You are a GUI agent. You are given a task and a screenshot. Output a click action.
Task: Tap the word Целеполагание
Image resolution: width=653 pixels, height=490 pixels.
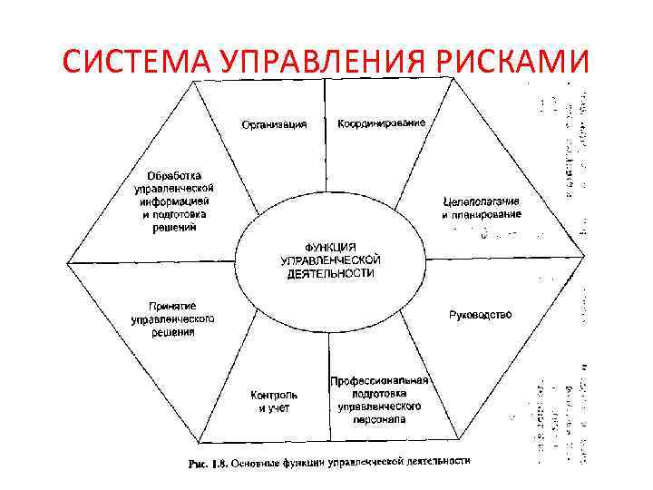[482, 201]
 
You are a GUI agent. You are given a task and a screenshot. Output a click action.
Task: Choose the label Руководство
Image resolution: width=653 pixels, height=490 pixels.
[481, 315]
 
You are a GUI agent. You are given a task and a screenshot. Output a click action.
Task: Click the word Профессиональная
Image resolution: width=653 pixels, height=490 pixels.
[379, 381]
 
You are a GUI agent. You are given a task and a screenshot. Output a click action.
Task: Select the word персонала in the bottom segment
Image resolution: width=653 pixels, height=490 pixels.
[379, 420]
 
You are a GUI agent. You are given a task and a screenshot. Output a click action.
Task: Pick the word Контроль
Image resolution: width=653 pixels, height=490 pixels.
[274, 396]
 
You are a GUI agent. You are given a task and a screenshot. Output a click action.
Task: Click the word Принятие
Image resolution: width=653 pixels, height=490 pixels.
[172, 307]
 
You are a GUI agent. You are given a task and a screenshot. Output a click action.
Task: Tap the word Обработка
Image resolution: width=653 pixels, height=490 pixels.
[175, 174]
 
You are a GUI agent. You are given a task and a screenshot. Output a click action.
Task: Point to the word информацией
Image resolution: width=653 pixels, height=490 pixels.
[175, 201]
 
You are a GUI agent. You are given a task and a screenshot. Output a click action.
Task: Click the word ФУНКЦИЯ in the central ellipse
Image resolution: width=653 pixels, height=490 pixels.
[329, 246]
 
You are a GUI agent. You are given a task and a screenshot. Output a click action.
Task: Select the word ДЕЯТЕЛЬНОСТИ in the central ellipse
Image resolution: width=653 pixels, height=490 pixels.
[329, 272]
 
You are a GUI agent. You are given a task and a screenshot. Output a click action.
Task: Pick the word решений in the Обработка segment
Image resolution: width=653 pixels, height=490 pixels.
[175, 228]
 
